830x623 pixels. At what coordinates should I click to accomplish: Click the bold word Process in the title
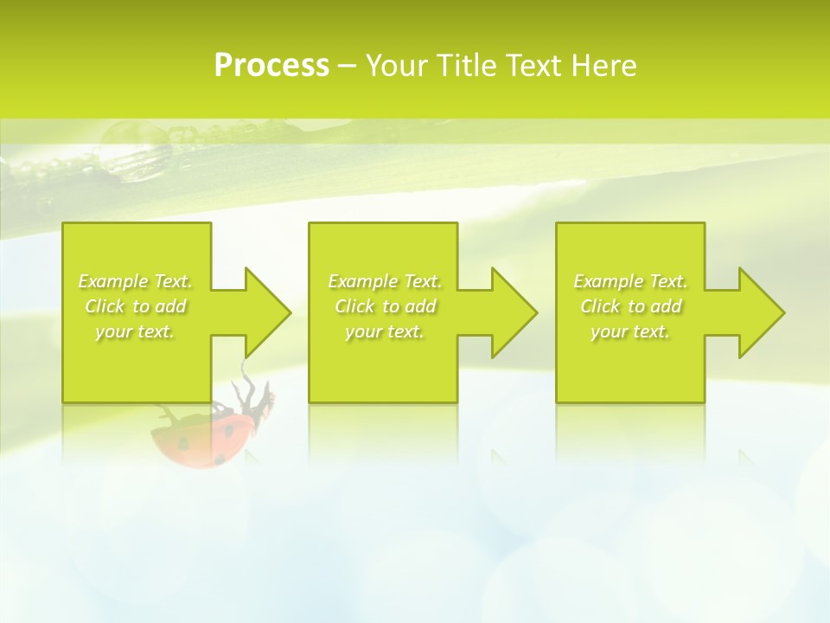pos(271,66)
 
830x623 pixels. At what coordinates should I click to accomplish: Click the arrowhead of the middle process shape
pos(514,312)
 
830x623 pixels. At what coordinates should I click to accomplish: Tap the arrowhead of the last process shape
pos(761,312)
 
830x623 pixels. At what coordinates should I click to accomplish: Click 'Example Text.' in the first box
pos(136,281)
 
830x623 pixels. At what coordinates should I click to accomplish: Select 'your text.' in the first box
pos(136,331)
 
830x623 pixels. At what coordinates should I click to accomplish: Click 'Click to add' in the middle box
pos(386,306)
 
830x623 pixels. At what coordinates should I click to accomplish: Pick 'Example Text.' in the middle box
pos(386,281)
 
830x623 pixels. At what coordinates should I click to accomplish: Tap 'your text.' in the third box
pos(630,331)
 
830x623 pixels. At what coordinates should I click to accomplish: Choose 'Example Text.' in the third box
pos(630,281)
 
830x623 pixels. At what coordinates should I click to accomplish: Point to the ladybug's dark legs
pos(256,395)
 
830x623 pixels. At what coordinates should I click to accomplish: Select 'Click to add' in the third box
pos(630,306)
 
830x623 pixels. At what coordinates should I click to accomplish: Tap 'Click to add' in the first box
pos(136,306)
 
